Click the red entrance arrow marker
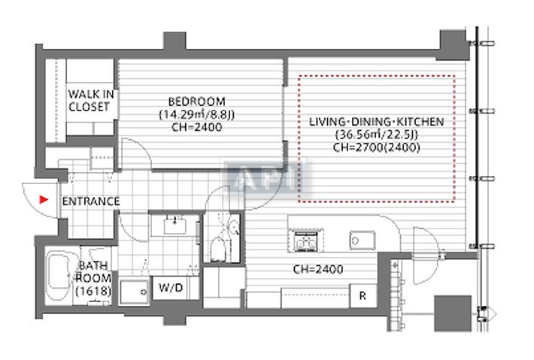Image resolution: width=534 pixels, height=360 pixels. tap(44, 200)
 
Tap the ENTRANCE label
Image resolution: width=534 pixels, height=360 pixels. tap(90, 201)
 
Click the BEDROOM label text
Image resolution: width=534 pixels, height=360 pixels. tap(196, 101)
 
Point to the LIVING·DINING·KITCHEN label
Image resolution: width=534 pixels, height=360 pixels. tap(378, 121)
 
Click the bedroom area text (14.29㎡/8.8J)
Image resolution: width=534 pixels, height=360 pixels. tap(197, 114)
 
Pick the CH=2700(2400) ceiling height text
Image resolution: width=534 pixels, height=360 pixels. tap(376, 147)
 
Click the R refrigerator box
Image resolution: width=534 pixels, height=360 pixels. tap(363, 295)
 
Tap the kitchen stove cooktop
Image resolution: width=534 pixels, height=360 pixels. tap(305, 241)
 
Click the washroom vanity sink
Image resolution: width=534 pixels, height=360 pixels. tap(177, 223)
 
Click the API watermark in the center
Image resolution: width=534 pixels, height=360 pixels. tap(267, 178)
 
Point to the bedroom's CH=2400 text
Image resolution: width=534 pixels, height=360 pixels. tap(196, 127)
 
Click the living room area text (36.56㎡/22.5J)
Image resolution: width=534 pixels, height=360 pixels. tap(377, 135)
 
